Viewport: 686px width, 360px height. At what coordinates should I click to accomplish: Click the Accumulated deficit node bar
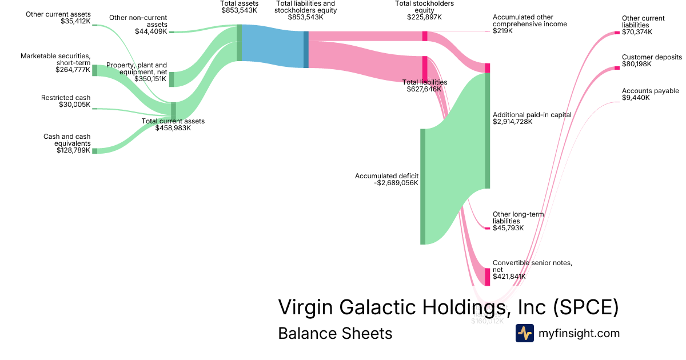[x=423, y=186]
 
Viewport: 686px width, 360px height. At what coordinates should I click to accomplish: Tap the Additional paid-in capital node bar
[x=488, y=130]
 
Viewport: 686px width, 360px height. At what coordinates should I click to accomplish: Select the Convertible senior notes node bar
[x=488, y=277]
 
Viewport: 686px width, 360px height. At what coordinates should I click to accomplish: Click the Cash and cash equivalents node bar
[x=95, y=151]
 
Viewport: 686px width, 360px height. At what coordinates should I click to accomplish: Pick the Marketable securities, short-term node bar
[x=95, y=70]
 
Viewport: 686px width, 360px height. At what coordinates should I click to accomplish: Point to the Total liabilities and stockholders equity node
[x=306, y=49]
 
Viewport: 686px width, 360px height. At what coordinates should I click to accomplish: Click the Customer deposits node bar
[x=617, y=68]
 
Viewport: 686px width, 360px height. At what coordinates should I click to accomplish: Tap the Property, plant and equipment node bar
[x=171, y=79]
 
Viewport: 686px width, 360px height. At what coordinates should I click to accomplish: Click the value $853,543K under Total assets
[x=240, y=10]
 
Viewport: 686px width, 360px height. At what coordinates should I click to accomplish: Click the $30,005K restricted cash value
[x=74, y=105]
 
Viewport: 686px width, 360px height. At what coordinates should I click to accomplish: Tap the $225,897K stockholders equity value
[x=424, y=17]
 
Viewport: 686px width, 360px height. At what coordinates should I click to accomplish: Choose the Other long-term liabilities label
[x=518, y=217]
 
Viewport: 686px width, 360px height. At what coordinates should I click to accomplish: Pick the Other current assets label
[x=58, y=14]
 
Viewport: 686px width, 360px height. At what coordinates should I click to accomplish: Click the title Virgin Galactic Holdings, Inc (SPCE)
[x=448, y=307]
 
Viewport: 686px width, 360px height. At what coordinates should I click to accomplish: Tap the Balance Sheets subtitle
[x=335, y=333]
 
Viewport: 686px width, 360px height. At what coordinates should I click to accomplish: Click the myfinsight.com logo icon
[x=524, y=333]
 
